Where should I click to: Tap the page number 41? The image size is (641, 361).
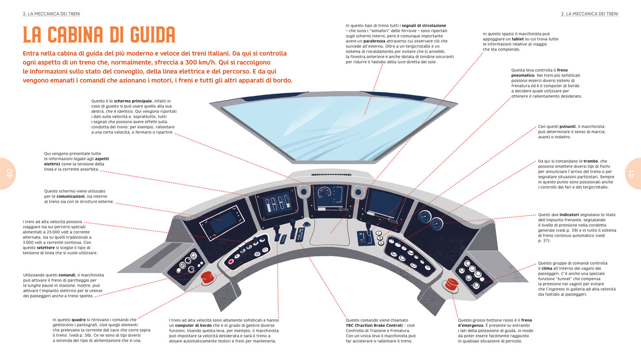click(632, 174)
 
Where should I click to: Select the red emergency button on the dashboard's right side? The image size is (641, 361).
click(452, 284)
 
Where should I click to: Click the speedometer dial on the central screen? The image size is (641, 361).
click(325, 193)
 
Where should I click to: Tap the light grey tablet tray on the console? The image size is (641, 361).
click(330, 231)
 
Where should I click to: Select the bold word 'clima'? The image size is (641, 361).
click(547, 269)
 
